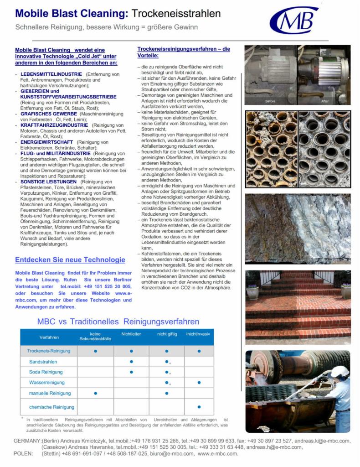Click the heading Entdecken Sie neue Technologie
(x=70, y=260)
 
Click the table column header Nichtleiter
(x=131, y=334)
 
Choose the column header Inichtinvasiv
(x=198, y=334)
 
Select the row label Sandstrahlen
(x=43, y=362)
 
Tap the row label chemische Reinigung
(x=51, y=406)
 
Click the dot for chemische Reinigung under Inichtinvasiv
(x=199, y=406)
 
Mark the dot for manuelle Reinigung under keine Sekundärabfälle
(x=95, y=393)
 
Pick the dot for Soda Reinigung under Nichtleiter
(x=131, y=372)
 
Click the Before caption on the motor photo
(x=271, y=101)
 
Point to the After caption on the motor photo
(x=324, y=101)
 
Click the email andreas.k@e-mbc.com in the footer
(x=328, y=441)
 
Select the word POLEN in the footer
(x=23, y=454)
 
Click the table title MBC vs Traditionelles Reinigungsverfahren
(x=118, y=322)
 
